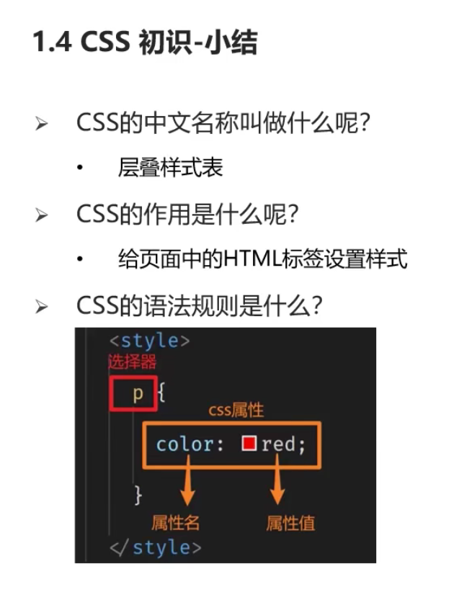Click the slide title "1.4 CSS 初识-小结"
click(x=145, y=43)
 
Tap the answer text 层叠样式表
click(x=170, y=168)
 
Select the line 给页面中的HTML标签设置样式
click(x=262, y=259)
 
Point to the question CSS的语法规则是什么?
click(x=198, y=305)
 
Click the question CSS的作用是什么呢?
click(x=187, y=214)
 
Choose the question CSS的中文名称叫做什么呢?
click(x=223, y=123)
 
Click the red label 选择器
click(x=132, y=362)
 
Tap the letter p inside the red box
click(x=138, y=394)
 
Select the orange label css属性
click(x=236, y=411)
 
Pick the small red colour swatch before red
click(x=249, y=444)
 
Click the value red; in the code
click(x=284, y=444)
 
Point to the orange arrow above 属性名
click(x=187, y=487)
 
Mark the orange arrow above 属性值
click(x=277, y=487)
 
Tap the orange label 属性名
click(x=175, y=522)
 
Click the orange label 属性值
click(x=290, y=522)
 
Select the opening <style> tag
click(x=149, y=341)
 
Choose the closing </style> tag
click(x=155, y=547)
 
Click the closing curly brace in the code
click(x=138, y=495)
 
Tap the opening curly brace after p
click(x=161, y=394)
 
